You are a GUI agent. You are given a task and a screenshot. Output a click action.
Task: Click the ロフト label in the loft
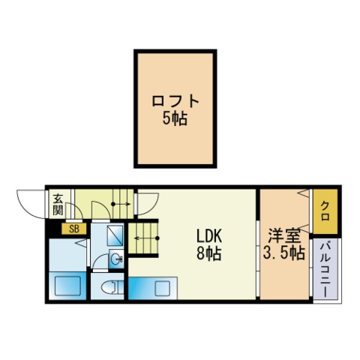coord(175,101)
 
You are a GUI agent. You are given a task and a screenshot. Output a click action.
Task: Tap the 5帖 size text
coord(175,118)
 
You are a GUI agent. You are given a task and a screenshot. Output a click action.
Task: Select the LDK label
coord(209,236)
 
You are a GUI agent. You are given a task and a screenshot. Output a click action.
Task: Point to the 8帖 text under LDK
coord(209,253)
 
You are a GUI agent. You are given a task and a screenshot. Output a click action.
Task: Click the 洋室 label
coord(284,235)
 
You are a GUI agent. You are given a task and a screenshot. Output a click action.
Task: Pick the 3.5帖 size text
coord(283,253)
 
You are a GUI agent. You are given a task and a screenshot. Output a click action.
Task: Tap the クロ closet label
coord(325,211)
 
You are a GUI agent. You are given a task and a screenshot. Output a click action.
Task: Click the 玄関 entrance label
coord(58,205)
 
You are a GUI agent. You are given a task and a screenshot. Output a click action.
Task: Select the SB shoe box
coord(74,229)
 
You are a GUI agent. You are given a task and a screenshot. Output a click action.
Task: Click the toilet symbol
coord(111,287)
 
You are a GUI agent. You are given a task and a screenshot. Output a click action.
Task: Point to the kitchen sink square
coord(163,288)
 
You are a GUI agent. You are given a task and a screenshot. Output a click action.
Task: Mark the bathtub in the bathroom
coord(67,286)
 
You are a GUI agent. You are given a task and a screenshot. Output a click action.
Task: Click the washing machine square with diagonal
coord(115,235)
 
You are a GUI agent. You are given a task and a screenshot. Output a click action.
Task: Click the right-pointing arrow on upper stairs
coord(121,204)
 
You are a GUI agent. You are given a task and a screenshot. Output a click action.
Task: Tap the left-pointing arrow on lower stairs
coord(147,238)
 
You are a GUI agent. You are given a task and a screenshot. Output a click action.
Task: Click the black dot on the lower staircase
coord(157,238)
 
